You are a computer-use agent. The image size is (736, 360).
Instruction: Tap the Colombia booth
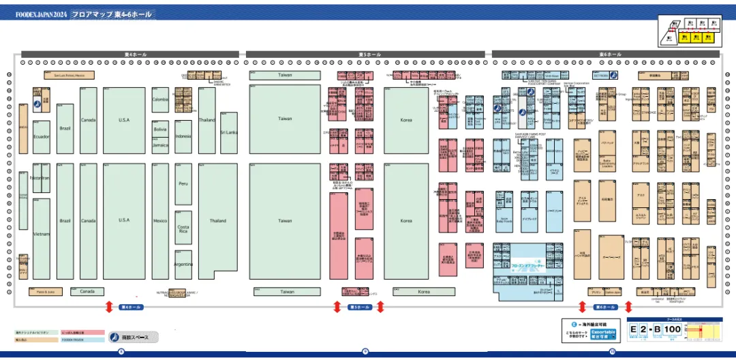(x=160, y=100)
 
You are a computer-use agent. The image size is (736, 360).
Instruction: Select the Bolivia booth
(x=160, y=129)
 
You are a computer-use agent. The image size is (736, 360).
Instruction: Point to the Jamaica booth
(x=160, y=145)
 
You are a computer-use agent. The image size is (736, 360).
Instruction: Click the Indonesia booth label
(x=183, y=136)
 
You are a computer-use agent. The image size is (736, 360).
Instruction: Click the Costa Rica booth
(x=183, y=228)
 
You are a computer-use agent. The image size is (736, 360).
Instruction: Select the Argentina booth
(x=183, y=264)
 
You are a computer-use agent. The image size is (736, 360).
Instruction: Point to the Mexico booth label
(x=160, y=221)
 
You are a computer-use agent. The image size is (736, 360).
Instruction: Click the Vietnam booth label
(x=41, y=235)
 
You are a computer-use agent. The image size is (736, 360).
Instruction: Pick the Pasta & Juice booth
(x=46, y=292)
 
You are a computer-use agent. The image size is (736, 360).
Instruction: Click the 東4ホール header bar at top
(x=130, y=54)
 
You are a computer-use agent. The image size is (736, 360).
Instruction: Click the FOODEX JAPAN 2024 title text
(x=42, y=14)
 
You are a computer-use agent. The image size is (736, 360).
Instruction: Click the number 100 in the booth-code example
(x=672, y=330)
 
